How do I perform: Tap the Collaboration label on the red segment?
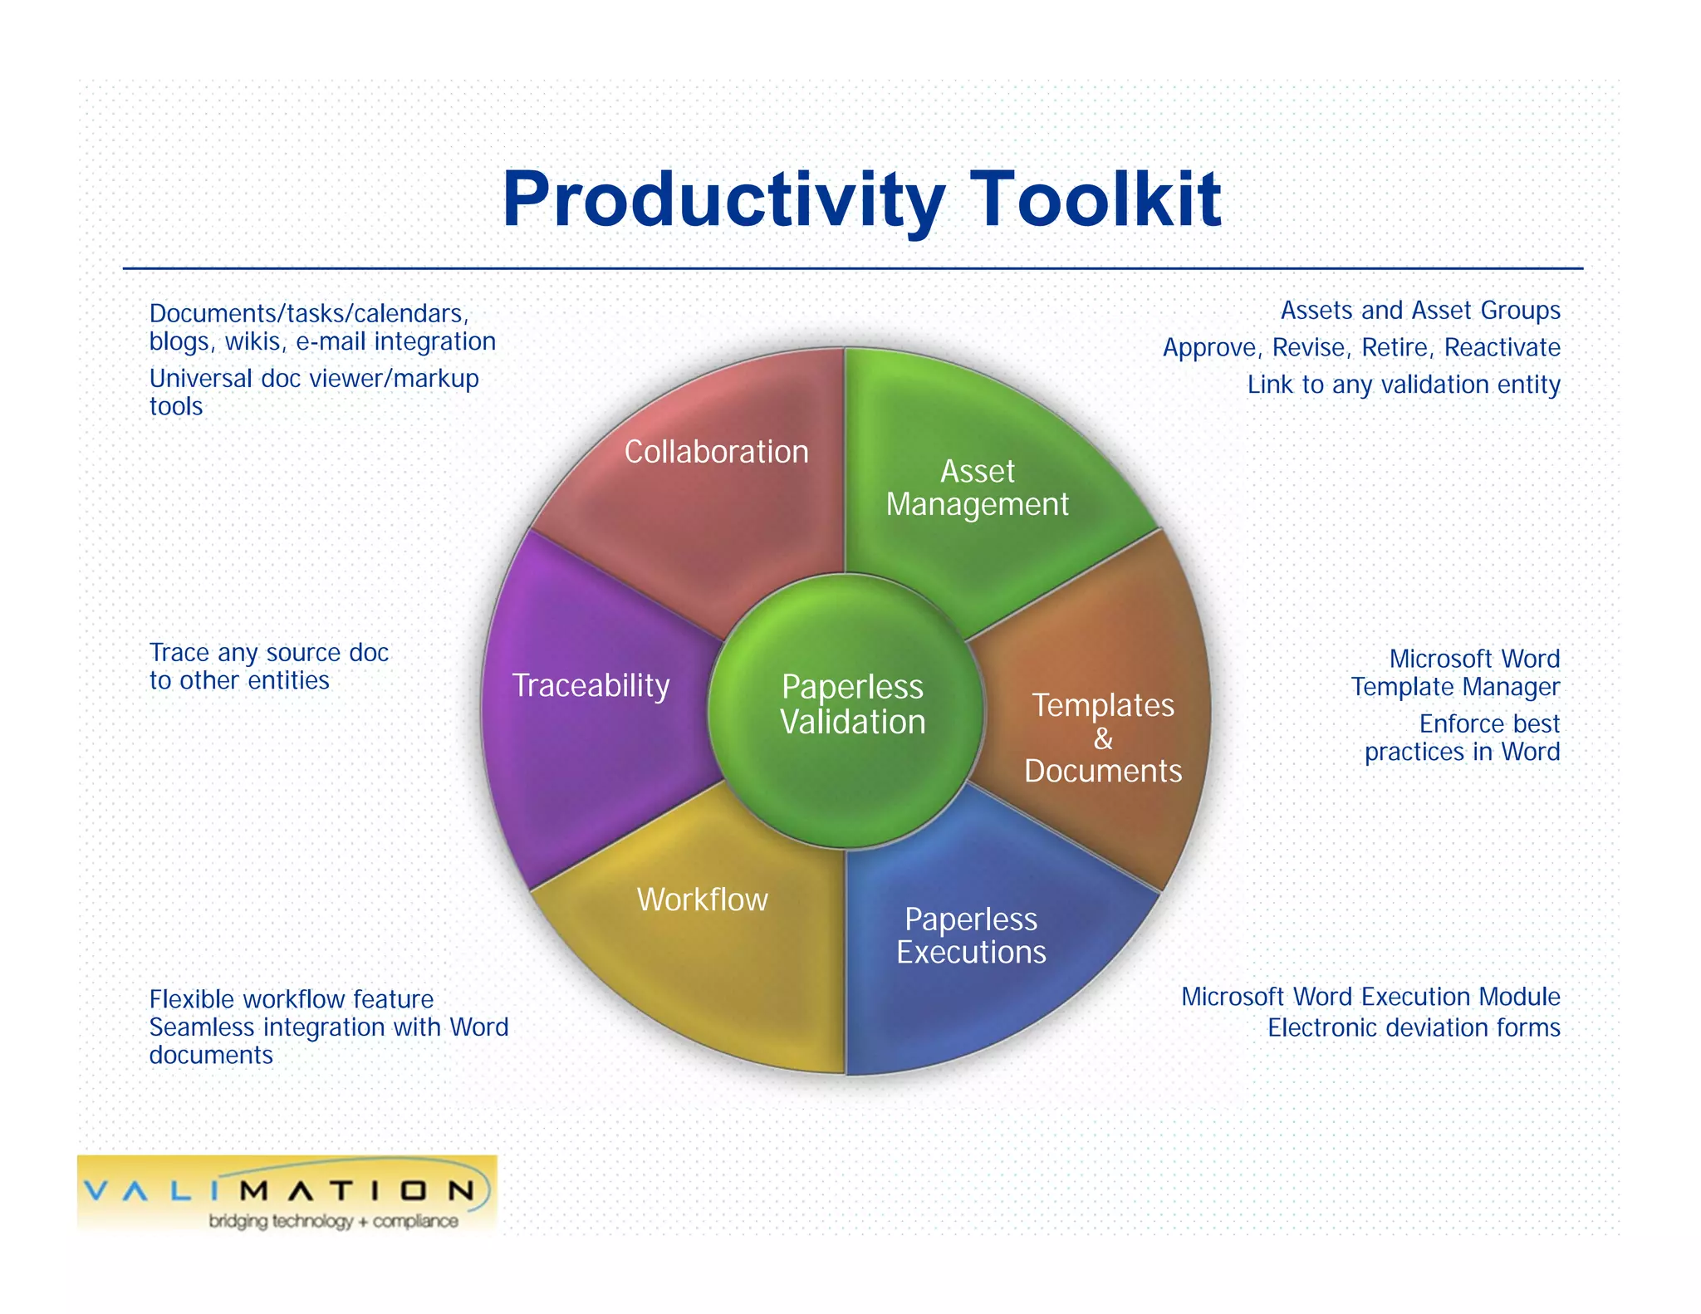716,452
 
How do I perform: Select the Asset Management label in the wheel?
977,488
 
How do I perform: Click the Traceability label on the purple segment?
591,686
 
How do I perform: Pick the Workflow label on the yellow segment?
702,900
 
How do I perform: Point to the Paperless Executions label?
971,935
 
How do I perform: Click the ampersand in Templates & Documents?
1103,738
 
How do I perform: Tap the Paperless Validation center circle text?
852,704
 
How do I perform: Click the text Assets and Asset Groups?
1419,311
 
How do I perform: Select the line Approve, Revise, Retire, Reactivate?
1360,347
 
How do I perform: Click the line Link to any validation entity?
1403,385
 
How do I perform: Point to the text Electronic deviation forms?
1413,1028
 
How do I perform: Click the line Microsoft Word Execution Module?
1370,997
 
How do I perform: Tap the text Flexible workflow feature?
291,999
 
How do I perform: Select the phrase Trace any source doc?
268,653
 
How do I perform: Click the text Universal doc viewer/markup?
313,379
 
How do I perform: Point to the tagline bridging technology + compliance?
332,1221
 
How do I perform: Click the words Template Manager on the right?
1454,687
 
